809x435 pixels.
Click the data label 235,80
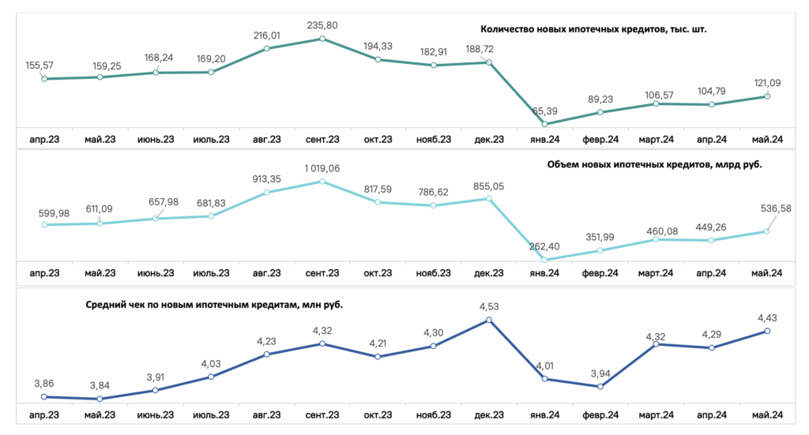point(322,25)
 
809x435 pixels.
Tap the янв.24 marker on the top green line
point(545,124)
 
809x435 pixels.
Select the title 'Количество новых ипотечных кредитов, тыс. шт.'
point(593,29)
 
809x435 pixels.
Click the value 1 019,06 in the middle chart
point(322,168)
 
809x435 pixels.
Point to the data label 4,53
point(489,306)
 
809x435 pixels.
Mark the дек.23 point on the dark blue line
point(489,320)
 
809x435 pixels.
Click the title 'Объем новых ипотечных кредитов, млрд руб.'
point(654,165)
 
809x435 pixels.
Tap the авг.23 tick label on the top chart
point(267,140)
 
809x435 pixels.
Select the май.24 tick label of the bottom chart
point(766,415)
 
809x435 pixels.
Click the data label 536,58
point(776,208)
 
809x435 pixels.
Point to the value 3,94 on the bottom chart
point(600,373)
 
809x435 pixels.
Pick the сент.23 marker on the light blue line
point(322,182)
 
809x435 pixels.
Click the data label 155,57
point(40,66)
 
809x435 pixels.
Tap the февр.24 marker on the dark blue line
point(600,387)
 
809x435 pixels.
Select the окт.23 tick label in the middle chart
point(378,273)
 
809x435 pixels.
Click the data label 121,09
point(767,83)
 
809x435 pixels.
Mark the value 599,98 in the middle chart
point(54,213)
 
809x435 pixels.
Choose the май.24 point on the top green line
point(767,96)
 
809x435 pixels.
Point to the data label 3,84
point(100,386)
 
